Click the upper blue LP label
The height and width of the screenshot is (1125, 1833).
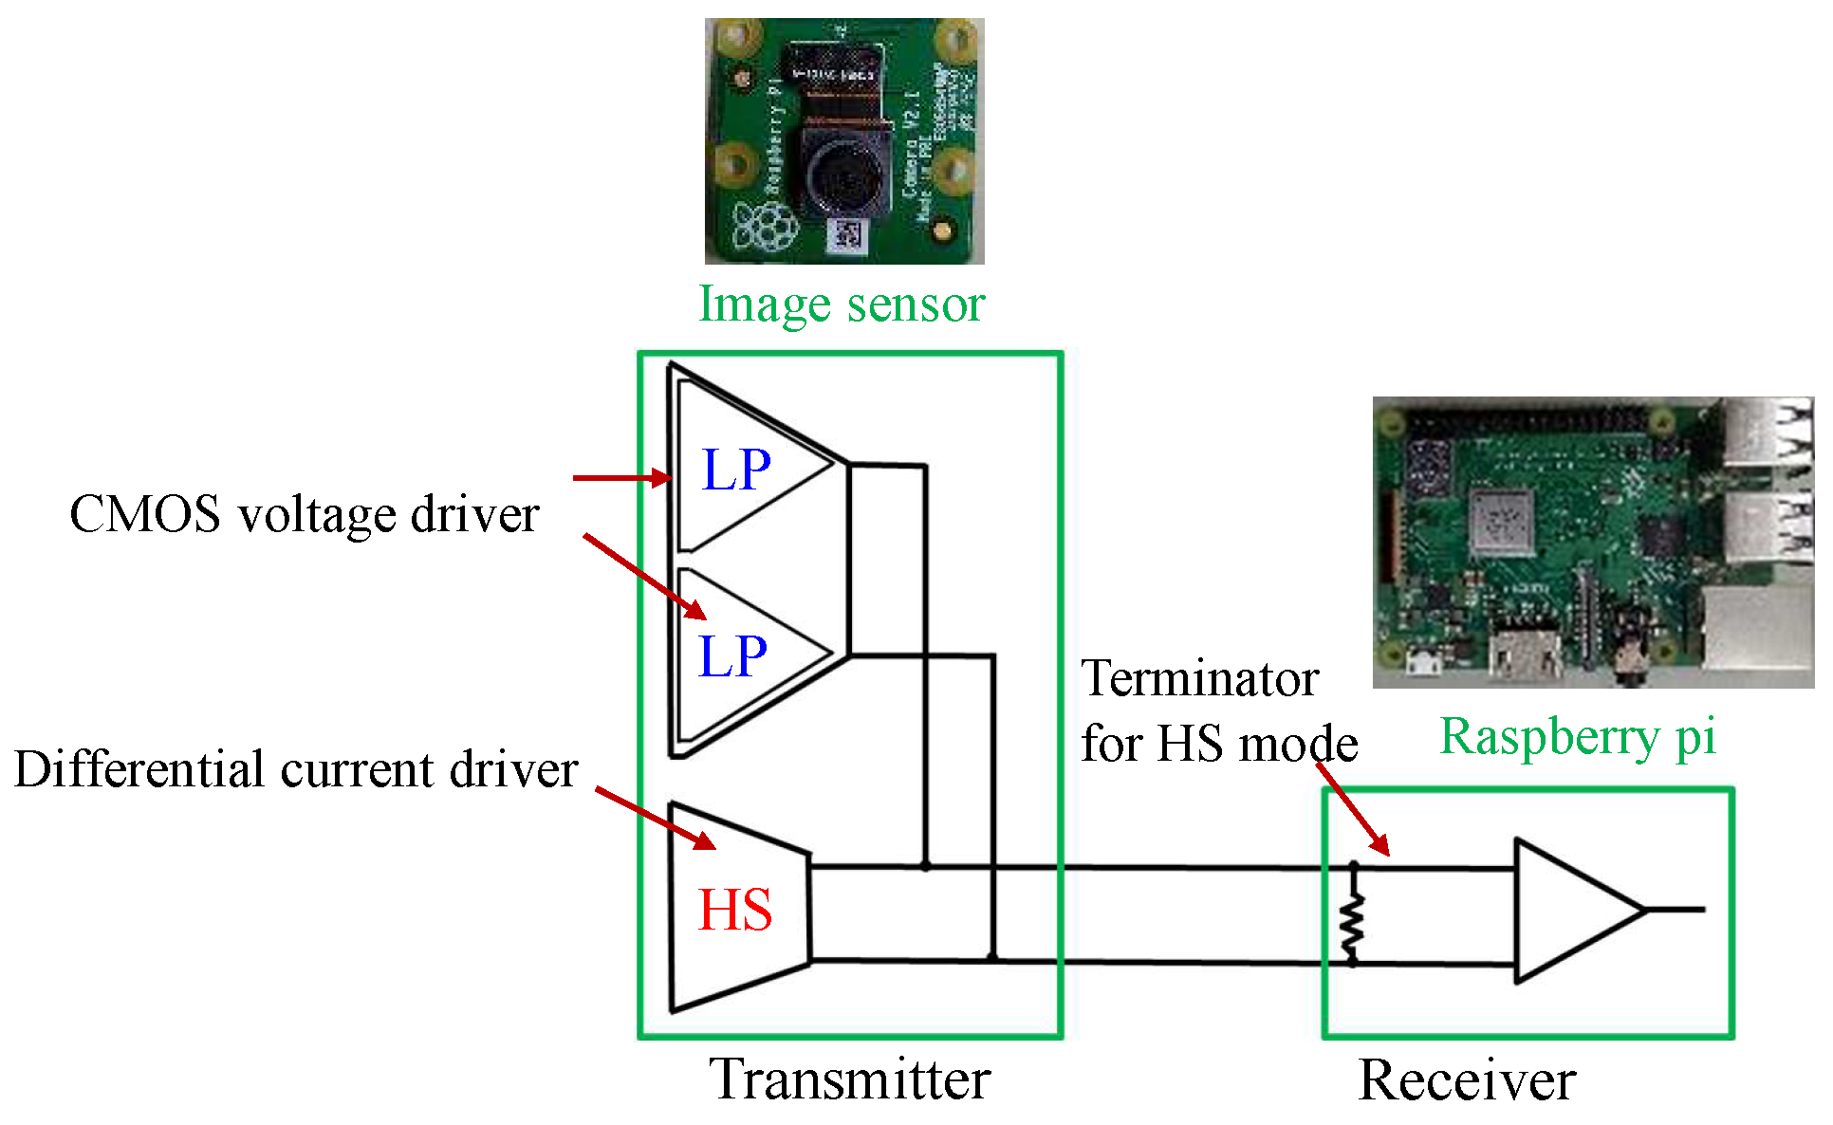[x=736, y=470]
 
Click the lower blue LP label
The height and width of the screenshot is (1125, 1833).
[x=732, y=656]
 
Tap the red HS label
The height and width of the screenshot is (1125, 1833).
[x=735, y=910]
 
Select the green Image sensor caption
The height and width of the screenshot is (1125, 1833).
[x=842, y=304]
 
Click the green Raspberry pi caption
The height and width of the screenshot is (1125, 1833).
[x=1578, y=737]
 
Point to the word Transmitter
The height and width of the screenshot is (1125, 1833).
[x=849, y=1079]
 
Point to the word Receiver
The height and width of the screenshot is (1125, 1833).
[x=1467, y=1080]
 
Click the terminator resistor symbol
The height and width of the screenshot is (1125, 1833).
[x=1352, y=915]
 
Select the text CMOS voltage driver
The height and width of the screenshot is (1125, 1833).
[x=304, y=515]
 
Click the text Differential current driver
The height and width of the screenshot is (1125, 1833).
[x=296, y=769]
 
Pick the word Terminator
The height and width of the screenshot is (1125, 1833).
[x=1199, y=679]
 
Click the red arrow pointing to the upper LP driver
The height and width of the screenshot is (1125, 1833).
[x=621, y=477]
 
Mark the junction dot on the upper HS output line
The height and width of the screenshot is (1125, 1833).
[x=925, y=866]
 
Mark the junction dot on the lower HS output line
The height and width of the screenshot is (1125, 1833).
[x=992, y=958]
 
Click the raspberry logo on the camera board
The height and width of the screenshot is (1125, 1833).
[x=763, y=228]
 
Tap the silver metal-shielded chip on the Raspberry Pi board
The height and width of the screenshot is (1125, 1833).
[x=1501, y=522]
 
